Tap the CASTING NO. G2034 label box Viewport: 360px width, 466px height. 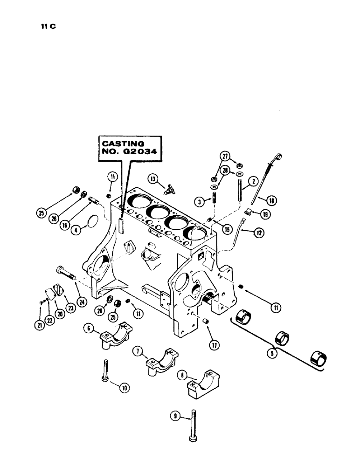pyautogui.click(x=128, y=149)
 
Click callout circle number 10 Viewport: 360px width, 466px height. pyautogui.click(x=125, y=387)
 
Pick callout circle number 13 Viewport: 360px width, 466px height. pyautogui.click(x=152, y=178)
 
